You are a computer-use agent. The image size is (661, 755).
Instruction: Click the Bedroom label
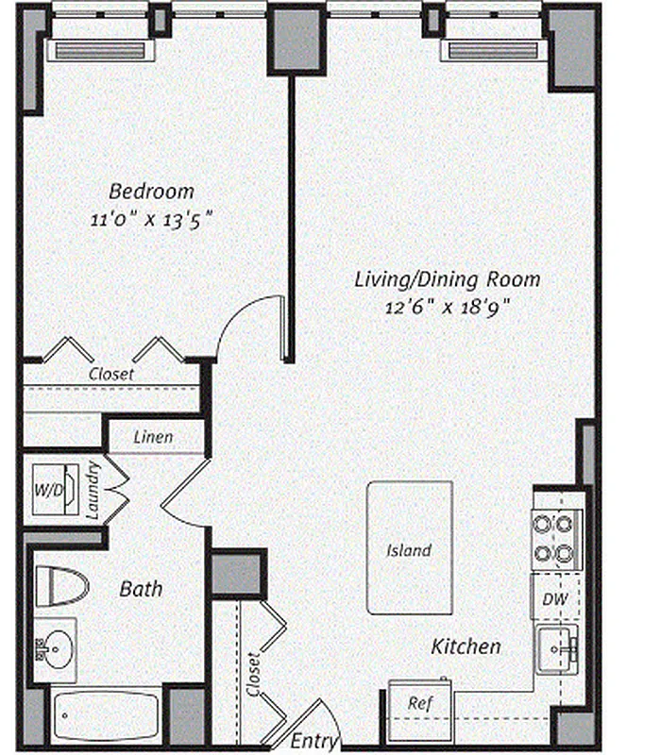pyautogui.click(x=151, y=191)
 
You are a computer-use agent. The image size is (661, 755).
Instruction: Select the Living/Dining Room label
pyautogui.click(x=448, y=279)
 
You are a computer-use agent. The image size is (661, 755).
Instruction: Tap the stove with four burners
pyautogui.click(x=556, y=538)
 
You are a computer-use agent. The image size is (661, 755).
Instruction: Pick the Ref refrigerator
pyautogui.click(x=420, y=703)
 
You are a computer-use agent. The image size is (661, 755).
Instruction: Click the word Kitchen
pyautogui.click(x=466, y=647)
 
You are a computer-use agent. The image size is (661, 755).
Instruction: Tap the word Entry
pyautogui.click(x=314, y=741)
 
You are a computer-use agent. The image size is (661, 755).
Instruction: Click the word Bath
pyautogui.click(x=141, y=589)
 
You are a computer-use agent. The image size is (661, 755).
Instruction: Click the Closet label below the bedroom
pyautogui.click(x=110, y=374)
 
